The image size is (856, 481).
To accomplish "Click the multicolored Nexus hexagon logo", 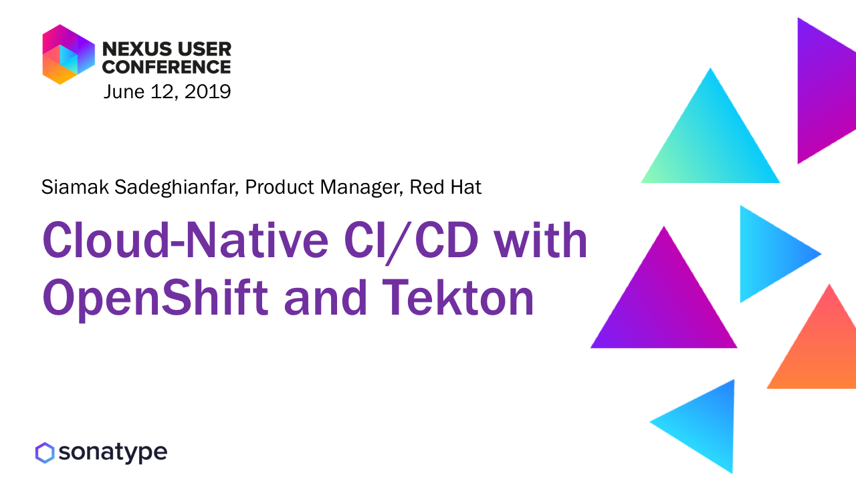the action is tap(68, 54).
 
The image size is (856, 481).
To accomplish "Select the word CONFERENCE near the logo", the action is tap(167, 67).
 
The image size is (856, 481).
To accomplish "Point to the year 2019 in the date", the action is tap(207, 92).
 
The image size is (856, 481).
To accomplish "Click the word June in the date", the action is tap(124, 92).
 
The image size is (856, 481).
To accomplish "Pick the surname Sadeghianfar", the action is tap(177, 187).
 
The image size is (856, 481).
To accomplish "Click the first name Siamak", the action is tap(75, 187).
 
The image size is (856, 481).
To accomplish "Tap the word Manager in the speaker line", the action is tap(362, 188).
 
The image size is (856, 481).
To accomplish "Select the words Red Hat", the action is tap(445, 187).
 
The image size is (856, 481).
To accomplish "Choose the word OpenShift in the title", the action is tap(155, 299).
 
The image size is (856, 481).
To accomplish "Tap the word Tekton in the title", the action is tap(458, 297).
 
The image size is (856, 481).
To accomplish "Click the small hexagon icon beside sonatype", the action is tap(45, 453).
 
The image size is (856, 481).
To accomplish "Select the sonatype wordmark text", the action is tap(113, 453).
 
